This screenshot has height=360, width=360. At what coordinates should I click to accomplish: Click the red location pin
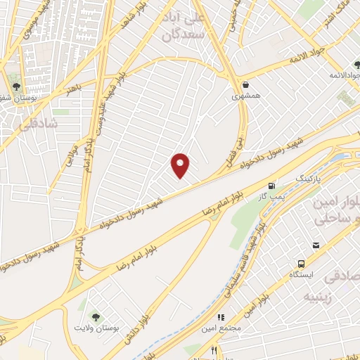tap(181, 165)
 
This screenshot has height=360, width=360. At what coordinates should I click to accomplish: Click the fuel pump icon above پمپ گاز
tap(271, 187)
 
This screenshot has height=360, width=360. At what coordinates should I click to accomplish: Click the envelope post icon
tap(316, 245)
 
